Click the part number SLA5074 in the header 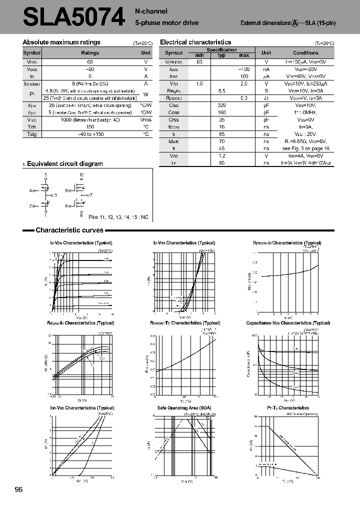73,17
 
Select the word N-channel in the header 151,11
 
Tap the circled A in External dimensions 295,23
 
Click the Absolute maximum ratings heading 61,42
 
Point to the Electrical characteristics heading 195,42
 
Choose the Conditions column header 305,52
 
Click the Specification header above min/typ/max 221,49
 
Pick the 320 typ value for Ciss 222,105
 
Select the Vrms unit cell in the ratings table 145,120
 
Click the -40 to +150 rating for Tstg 90,134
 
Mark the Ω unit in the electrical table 266,98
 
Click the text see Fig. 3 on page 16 305,148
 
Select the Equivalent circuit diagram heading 64,163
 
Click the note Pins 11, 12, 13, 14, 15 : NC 118,217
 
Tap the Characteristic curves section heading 69,230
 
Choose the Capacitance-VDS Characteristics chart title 288,323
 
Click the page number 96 19,489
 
